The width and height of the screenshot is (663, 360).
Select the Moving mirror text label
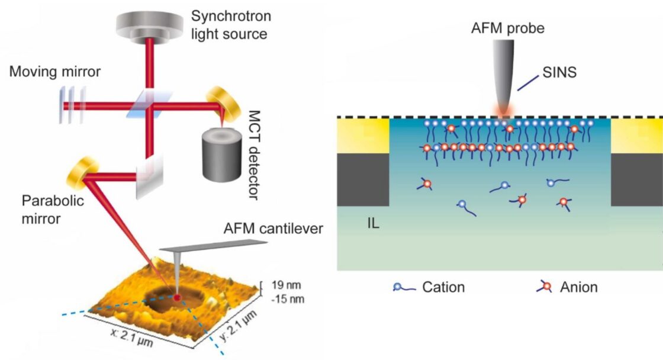(55, 72)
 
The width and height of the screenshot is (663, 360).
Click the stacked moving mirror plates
(73, 104)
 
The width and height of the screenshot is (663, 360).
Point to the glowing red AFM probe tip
(504, 111)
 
